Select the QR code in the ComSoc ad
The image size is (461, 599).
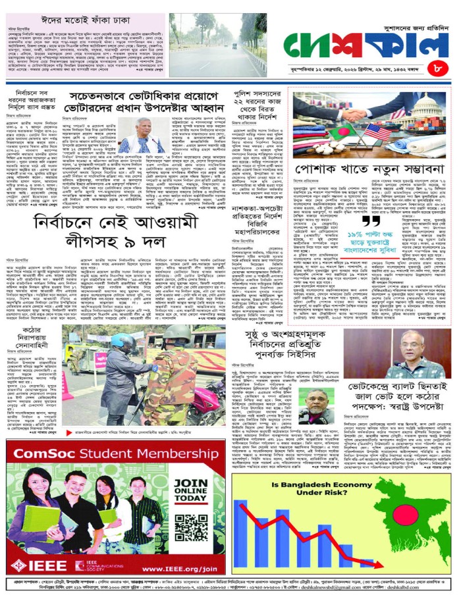pos(192,529)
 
